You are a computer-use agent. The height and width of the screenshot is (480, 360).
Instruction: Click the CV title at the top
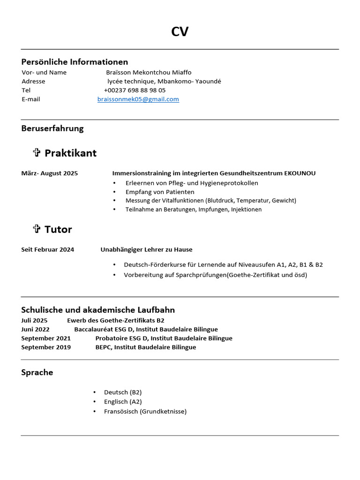(180, 32)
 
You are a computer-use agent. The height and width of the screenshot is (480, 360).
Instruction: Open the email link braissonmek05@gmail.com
(138, 99)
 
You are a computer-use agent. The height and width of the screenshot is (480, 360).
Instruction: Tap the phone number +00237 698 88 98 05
(135, 90)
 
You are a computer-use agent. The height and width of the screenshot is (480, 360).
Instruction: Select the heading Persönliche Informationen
(75, 62)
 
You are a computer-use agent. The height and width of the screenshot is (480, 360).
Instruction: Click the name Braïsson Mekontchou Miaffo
(149, 72)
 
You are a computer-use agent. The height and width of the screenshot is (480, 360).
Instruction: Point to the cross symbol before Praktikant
(37, 152)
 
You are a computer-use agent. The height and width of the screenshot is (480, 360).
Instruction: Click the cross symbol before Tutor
(37, 229)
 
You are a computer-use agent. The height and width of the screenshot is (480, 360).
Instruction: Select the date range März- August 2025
(50, 173)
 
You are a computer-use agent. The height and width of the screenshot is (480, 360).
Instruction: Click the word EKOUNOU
(300, 173)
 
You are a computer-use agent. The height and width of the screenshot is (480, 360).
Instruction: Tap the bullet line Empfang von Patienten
(160, 192)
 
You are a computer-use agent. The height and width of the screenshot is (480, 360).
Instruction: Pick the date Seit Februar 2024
(47, 250)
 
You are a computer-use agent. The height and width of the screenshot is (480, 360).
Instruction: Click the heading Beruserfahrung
(52, 128)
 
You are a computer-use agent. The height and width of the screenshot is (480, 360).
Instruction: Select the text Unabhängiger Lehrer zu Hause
(146, 250)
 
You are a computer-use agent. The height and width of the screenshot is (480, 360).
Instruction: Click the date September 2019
(46, 347)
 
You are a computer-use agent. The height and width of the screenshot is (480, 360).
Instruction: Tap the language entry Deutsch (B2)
(123, 392)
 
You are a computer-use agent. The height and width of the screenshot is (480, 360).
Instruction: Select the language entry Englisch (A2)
(123, 402)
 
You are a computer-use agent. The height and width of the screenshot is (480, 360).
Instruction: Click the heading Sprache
(37, 373)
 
